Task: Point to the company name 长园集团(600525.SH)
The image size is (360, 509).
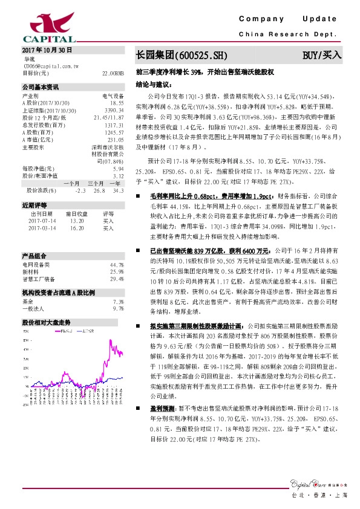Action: [181, 55]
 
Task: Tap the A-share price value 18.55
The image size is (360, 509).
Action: [117, 103]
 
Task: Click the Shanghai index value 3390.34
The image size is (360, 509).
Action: [114, 111]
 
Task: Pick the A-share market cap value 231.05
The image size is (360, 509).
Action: [116, 140]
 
